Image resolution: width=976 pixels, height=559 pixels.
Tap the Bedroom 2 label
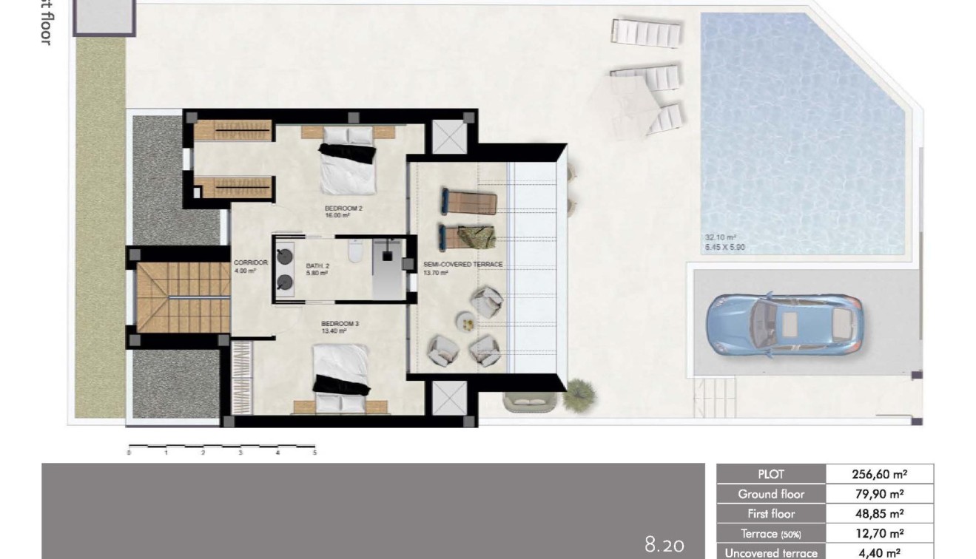pyautogui.click(x=343, y=211)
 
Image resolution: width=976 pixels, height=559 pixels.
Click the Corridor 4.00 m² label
pyautogui.click(x=245, y=266)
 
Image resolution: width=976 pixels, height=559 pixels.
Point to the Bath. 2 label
pyautogui.click(x=317, y=268)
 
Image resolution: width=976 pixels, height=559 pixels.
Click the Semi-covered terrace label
pyautogui.click(x=462, y=268)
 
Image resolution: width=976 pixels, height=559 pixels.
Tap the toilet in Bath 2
pyautogui.click(x=354, y=254)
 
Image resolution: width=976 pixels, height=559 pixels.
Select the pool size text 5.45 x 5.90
pyautogui.click(x=724, y=247)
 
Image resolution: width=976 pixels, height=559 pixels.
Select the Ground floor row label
pyautogui.click(x=771, y=494)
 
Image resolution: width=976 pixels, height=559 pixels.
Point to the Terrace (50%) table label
pyautogui.click(x=771, y=533)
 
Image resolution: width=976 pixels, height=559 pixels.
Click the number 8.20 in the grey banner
pyautogui.click(x=664, y=546)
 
